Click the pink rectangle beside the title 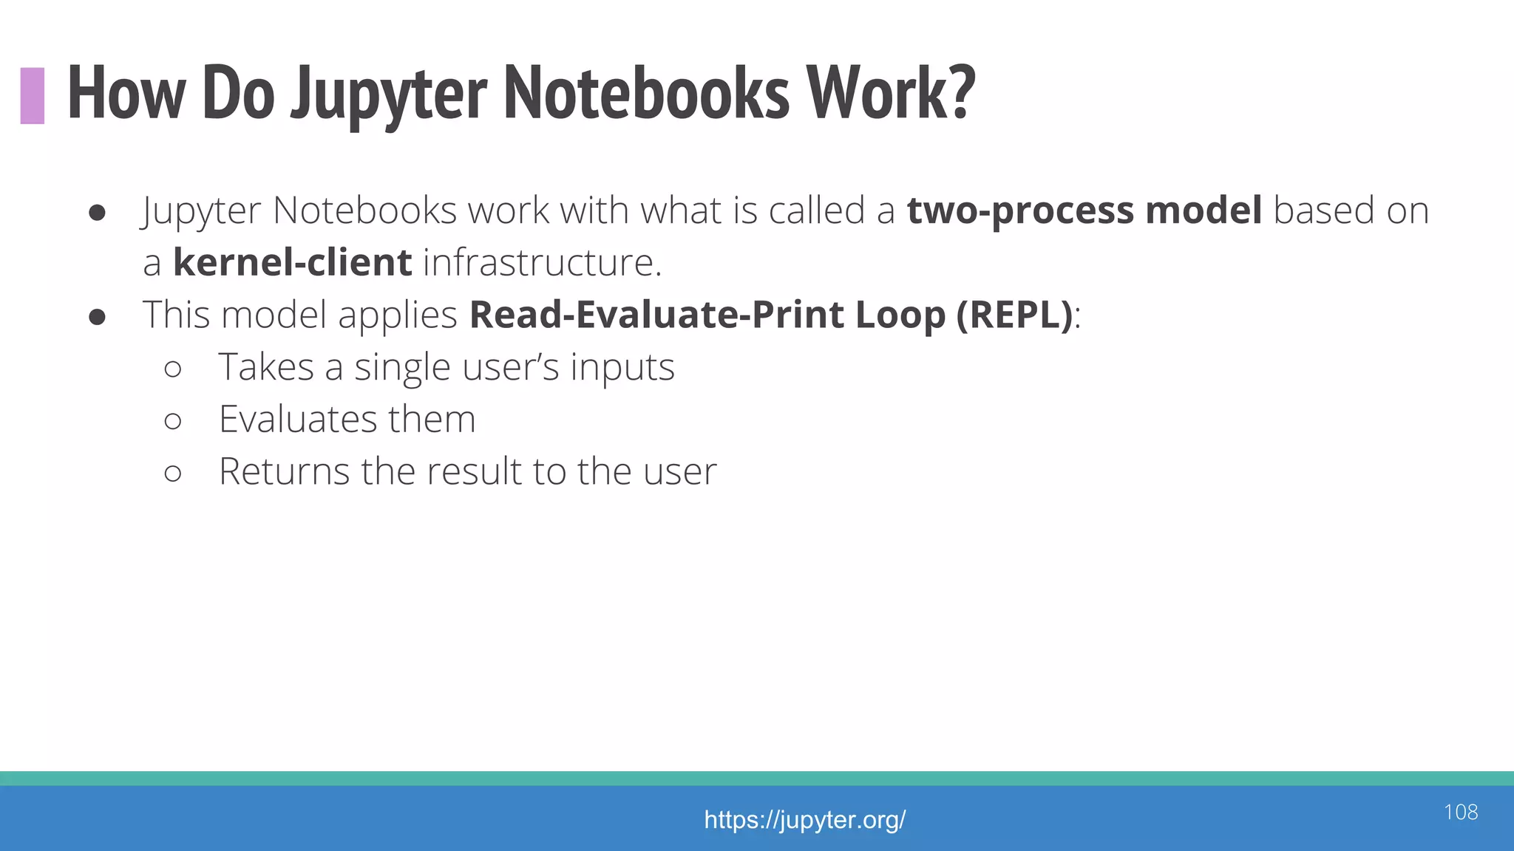pyautogui.click(x=33, y=95)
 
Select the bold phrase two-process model pyautogui.click(x=1084, y=211)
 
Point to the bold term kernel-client pyautogui.click(x=292, y=263)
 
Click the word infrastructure pyautogui.click(x=542, y=263)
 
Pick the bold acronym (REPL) pyautogui.click(x=1014, y=315)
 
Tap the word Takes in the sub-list pyautogui.click(x=266, y=367)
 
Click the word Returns pyautogui.click(x=284, y=472)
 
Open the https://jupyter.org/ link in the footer pyautogui.click(x=804, y=820)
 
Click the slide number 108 pyautogui.click(x=1460, y=813)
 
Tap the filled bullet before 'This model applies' pyautogui.click(x=97, y=317)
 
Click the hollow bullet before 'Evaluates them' pyautogui.click(x=173, y=421)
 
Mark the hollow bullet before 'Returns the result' pyautogui.click(x=173, y=474)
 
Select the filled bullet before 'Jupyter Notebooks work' pyautogui.click(x=97, y=213)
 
